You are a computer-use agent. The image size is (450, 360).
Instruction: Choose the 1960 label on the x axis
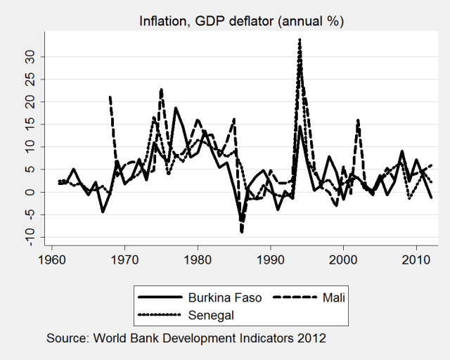pos(52,259)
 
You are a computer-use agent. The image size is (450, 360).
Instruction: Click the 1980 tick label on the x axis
pos(198,259)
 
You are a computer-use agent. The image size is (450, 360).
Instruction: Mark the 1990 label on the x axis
pos(271,259)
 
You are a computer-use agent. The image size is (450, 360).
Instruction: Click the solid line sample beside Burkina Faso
pos(157,297)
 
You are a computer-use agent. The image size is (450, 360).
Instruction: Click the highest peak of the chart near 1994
pos(300,39)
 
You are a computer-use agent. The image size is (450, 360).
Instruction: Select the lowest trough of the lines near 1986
pos(242,231)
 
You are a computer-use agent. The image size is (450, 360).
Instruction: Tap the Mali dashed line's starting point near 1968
pos(110,97)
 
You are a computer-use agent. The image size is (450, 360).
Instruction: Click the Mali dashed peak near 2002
pos(358,120)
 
